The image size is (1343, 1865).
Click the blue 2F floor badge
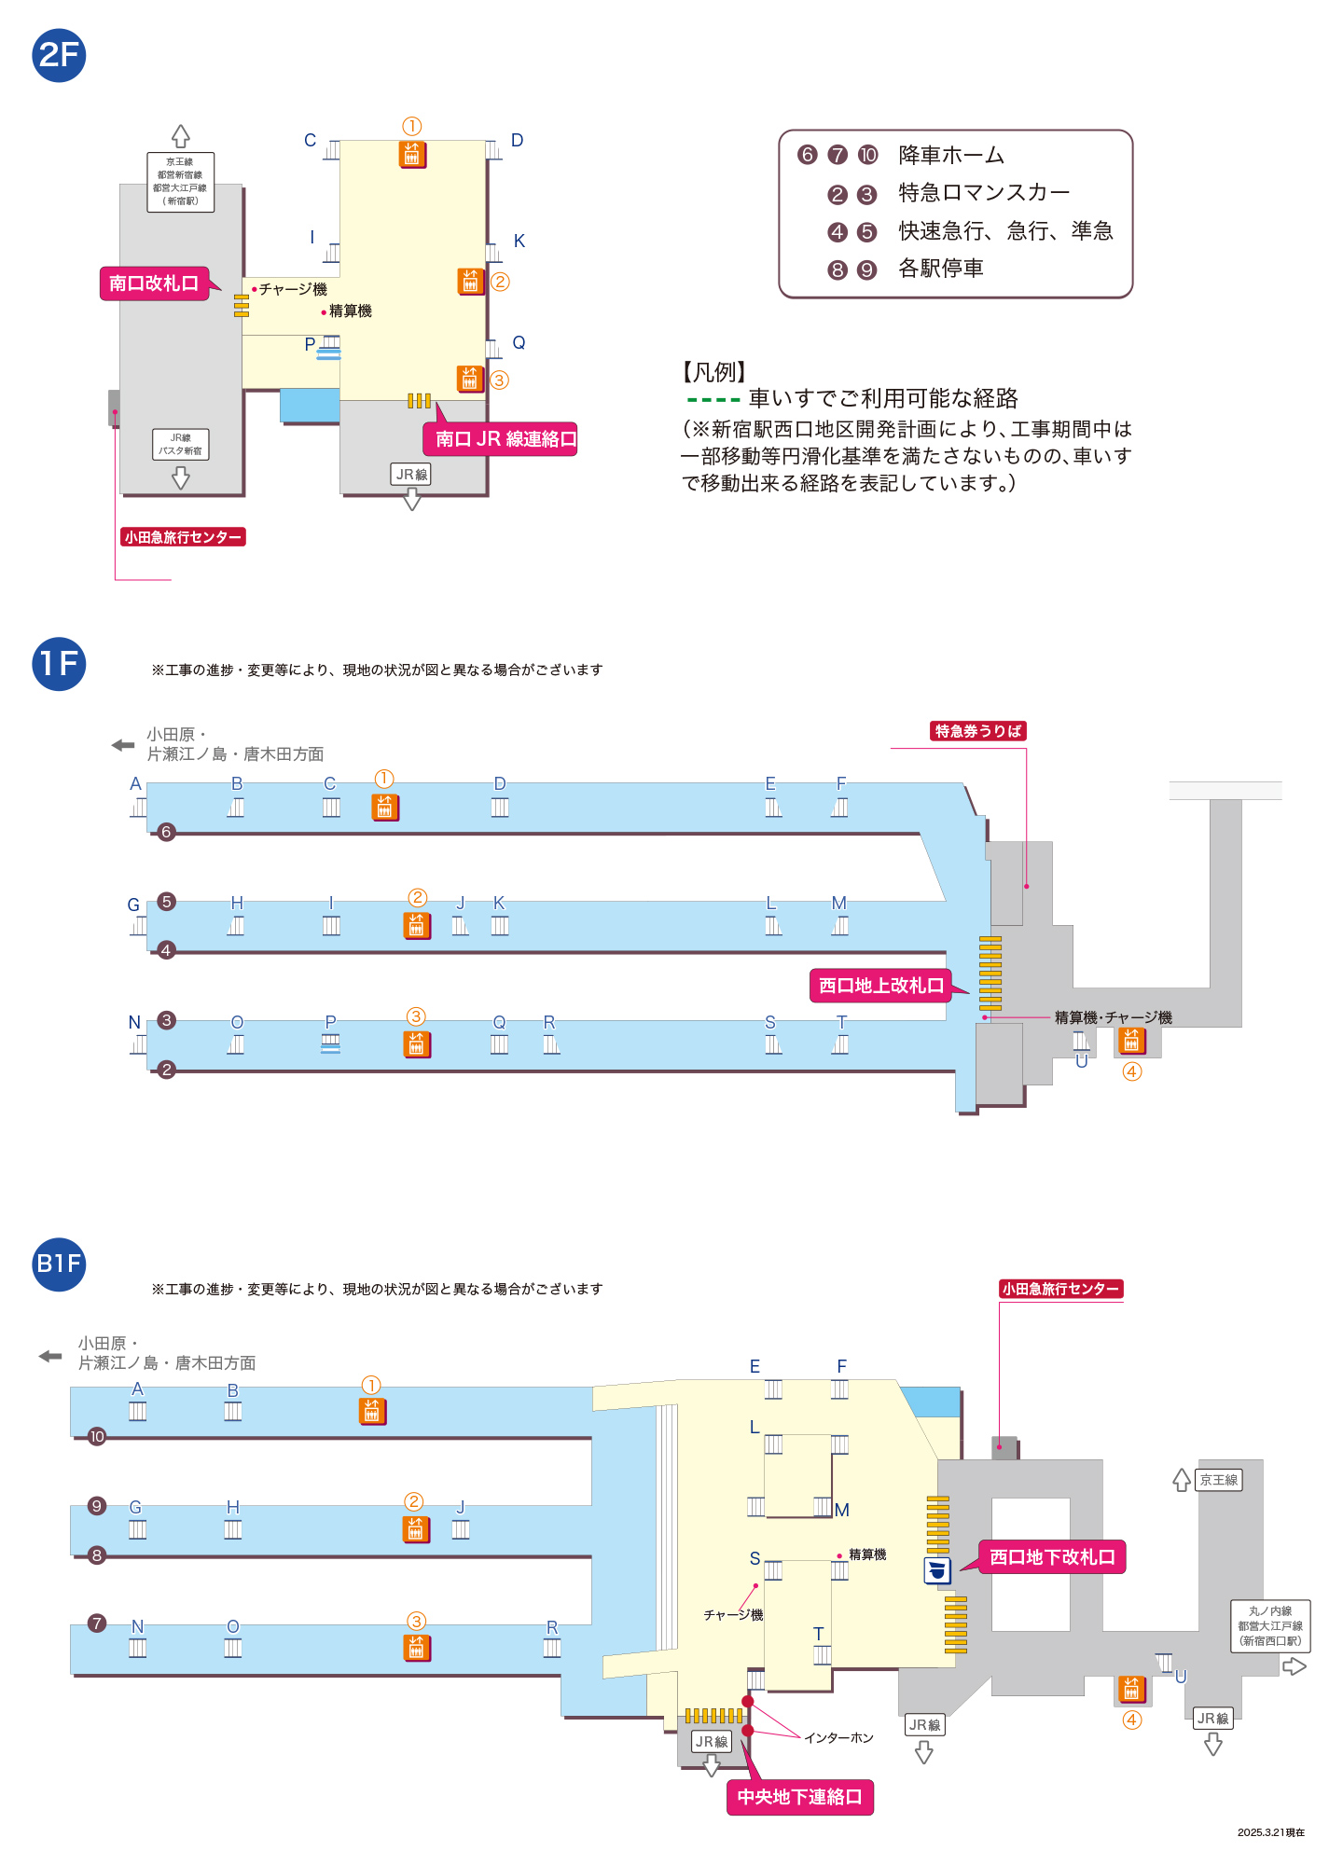coord(59,55)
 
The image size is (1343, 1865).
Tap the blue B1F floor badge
coord(59,1264)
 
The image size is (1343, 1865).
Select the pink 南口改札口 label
coord(154,283)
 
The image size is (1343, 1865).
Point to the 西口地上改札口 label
coord(880,986)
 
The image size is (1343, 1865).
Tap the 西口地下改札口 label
coord(1052,1557)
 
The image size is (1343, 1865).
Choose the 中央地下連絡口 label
coord(799,1797)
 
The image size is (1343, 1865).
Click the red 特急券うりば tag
coord(978,731)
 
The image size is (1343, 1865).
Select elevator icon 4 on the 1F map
coord(1131,1039)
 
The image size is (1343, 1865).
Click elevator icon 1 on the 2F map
coord(412,154)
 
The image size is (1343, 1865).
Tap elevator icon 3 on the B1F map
coord(417,1648)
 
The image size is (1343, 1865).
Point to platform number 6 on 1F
coord(166,832)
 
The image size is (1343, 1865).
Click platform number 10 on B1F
coord(97,1437)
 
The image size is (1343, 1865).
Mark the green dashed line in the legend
coord(713,400)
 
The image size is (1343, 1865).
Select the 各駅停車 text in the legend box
coord(940,269)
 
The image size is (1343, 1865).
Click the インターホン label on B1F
coord(838,1738)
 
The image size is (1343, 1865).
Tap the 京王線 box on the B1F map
coord(1219,1480)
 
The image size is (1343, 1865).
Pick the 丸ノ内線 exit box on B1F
coord(1270,1626)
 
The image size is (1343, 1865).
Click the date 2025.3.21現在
coord(1271,1832)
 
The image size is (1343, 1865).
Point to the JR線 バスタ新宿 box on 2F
coord(180,444)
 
